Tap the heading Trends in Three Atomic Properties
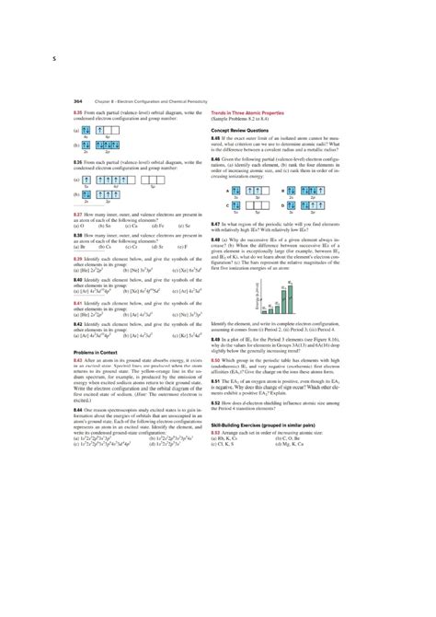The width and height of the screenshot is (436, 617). point(252,111)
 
